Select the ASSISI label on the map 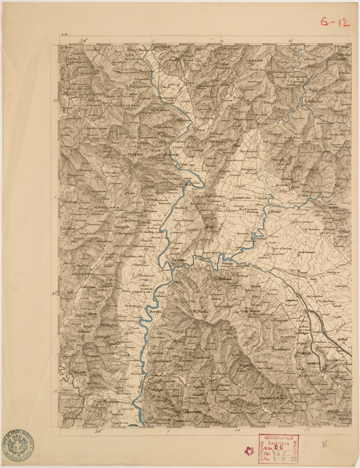[x=334, y=206]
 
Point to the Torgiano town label [x=180, y=260]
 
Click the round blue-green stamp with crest [x=18, y=443]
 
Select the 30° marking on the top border [x=84, y=41]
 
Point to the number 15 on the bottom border [x=307, y=429]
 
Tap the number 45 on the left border [x=55, y=294]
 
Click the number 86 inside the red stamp [x=278, y=449]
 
